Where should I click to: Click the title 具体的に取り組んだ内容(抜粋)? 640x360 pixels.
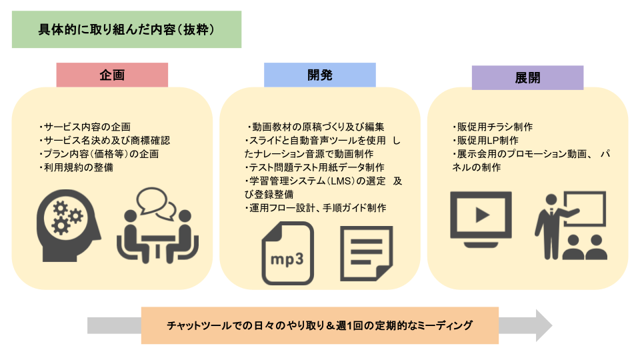click(x=127, y=31)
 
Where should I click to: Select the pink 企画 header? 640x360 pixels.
click(x=112, y=75)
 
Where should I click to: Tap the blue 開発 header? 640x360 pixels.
click(x=319, y=75)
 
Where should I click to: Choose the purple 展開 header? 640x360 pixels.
click(x=527, y=77)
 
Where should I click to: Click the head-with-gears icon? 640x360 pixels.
click(x=67, y=219)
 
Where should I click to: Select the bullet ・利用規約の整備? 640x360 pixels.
click(x=76, y=167)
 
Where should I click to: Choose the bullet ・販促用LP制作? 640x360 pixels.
click(x=485, y=141)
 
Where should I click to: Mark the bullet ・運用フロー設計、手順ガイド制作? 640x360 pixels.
click(x=315, y=208)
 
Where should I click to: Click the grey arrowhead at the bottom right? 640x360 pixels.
click(x=544, y=325)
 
